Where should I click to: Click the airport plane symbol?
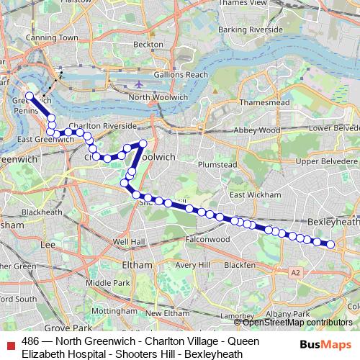(139, 85)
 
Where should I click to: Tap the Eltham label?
(137, 264)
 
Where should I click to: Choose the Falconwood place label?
(207, 238)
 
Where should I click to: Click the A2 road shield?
(295, 272)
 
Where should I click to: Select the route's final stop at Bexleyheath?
(331, 245)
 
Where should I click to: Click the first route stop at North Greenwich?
(30, 96)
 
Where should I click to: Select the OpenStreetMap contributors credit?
(297, 322)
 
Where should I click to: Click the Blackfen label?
(239, 264)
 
